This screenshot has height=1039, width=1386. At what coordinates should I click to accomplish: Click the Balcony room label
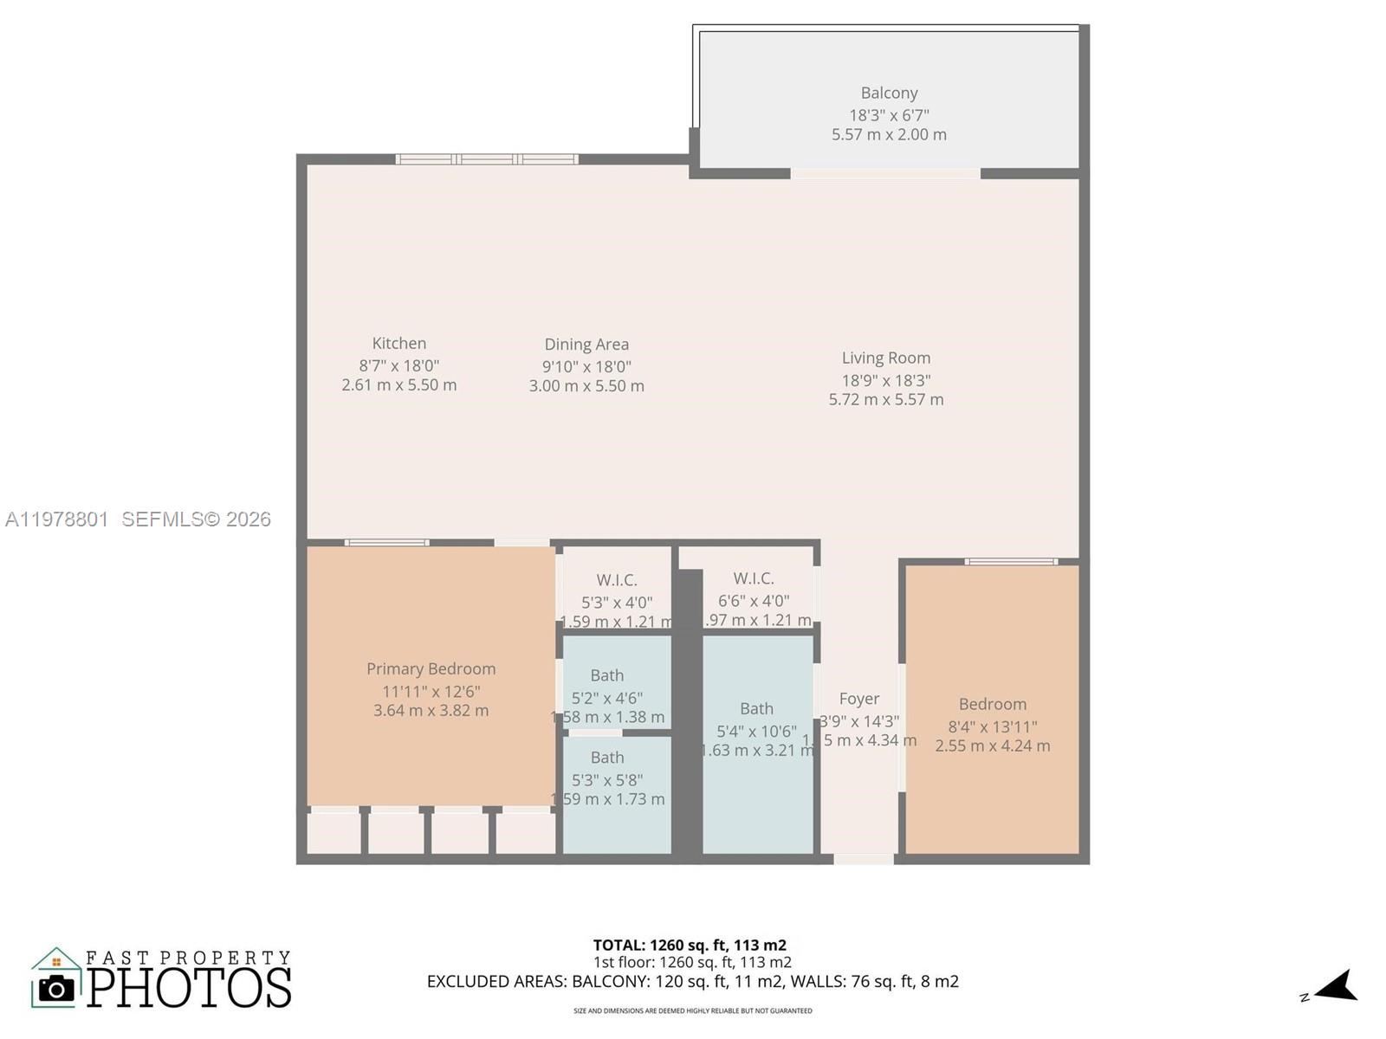click(889, 93)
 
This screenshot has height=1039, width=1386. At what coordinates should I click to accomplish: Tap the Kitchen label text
click(398, 344)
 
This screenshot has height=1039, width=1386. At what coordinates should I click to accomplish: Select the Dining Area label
click(586, 345)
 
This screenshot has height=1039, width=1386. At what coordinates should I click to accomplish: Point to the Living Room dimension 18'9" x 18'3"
click(886, 380)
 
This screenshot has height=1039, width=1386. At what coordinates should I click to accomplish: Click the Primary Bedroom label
click(431, 668)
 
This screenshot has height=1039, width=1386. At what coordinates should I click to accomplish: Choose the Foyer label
click(858, 699)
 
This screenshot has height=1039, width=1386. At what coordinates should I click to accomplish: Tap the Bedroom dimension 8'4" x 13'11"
click(992, 726)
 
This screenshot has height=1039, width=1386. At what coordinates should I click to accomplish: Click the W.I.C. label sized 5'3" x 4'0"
click(616, 580)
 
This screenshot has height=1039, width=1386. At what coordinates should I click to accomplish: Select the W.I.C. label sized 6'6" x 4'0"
click(753, 578)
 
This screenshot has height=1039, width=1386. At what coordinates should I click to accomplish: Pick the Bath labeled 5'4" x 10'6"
click(756, 708)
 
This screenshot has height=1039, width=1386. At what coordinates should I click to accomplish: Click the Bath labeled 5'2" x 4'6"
click(606, 675)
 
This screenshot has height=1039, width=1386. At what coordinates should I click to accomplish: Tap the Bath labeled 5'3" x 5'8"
click(606, 758)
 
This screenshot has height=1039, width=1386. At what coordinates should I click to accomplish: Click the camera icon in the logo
click(57, 988)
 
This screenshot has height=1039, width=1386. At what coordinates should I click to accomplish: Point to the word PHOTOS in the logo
click(189, 988)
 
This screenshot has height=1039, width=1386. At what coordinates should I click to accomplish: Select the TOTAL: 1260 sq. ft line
click(690, 945)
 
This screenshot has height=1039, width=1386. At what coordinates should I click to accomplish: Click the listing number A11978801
click(57, 519)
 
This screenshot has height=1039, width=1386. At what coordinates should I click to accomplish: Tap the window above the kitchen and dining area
click(487, 159)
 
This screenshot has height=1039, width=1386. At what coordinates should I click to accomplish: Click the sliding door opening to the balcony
click(885, 174)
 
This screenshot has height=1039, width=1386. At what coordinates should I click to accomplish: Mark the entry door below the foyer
click(863, 859)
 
